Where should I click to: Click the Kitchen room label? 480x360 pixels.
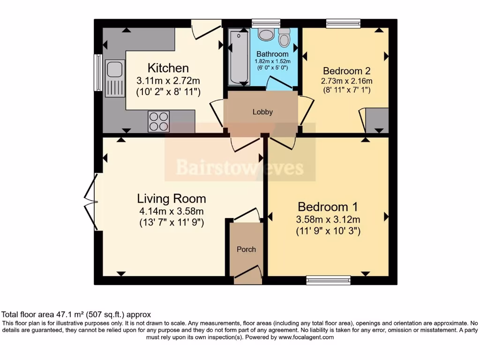click(168, 68)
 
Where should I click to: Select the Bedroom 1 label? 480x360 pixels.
click(328, 207)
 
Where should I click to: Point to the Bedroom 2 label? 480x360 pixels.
click(347, 71)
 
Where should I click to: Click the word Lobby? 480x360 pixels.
click(262, 112)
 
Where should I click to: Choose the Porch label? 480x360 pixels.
click(246, 249)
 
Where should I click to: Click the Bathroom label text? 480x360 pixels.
click(272, 54)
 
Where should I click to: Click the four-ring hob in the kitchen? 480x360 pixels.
click(158, 121)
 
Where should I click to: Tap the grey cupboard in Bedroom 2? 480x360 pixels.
click(377, 120)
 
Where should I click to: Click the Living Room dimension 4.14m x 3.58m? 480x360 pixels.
click(171, 211)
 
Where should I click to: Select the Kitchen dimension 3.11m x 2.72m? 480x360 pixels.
click(168, 81)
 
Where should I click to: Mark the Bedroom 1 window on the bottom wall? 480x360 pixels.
click(328, 280)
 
